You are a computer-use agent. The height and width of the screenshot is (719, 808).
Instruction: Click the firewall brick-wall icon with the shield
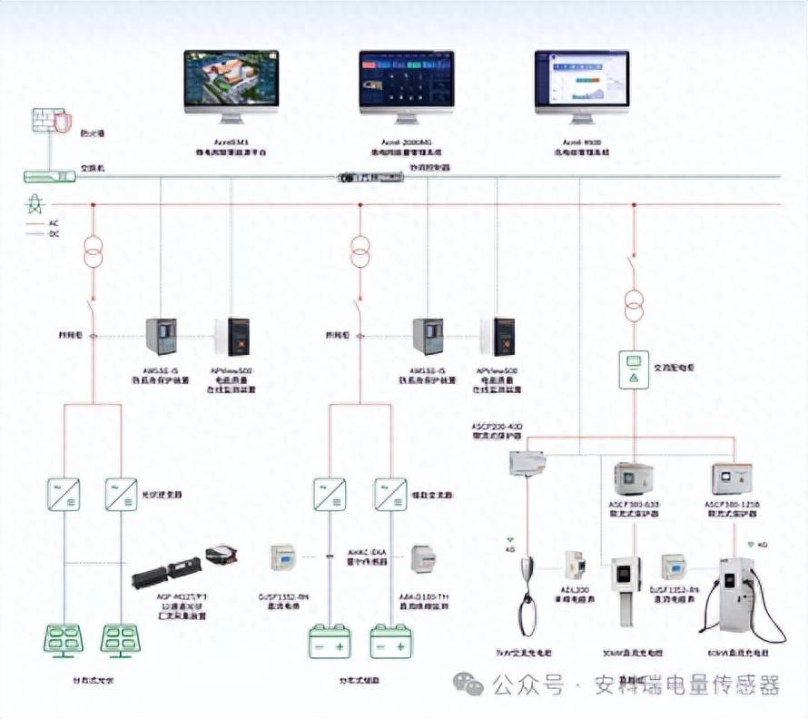[51, 123]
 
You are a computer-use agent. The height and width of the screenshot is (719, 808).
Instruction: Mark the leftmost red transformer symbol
[92, 251]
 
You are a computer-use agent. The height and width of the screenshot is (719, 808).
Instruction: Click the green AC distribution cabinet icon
[633, 369]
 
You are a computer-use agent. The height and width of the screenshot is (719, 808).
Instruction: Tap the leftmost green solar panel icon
[64, 640]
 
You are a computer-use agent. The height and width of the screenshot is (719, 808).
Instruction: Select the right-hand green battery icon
[390, 641]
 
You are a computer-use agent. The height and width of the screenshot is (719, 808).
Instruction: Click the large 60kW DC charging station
[735, 595]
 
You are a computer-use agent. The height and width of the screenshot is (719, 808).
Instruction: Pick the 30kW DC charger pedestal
[626, 590]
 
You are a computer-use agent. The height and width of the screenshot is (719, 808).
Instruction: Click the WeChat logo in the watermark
[468, 685]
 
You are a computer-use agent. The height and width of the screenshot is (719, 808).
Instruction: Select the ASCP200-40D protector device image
[527, 464]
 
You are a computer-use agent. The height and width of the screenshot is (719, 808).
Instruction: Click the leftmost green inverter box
[64, 494]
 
